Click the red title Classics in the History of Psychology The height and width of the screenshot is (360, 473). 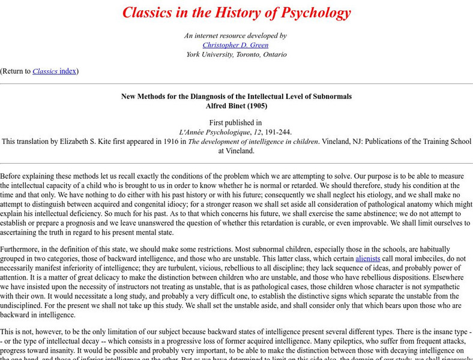[x=236, y=13]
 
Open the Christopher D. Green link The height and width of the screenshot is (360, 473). [x=236, y=45]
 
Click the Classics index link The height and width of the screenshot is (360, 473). [x=54, y=71]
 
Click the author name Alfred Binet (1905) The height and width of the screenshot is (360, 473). [x=236, y=106]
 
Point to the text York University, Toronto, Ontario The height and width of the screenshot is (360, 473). [x=236, y=55]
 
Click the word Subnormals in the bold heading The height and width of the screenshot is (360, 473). [x=330, y=96]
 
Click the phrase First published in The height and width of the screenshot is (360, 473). [x=236, y=122]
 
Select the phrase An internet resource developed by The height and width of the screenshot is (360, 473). [x=236, y=35]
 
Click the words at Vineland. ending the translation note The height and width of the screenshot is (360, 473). [x=236, y=151]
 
